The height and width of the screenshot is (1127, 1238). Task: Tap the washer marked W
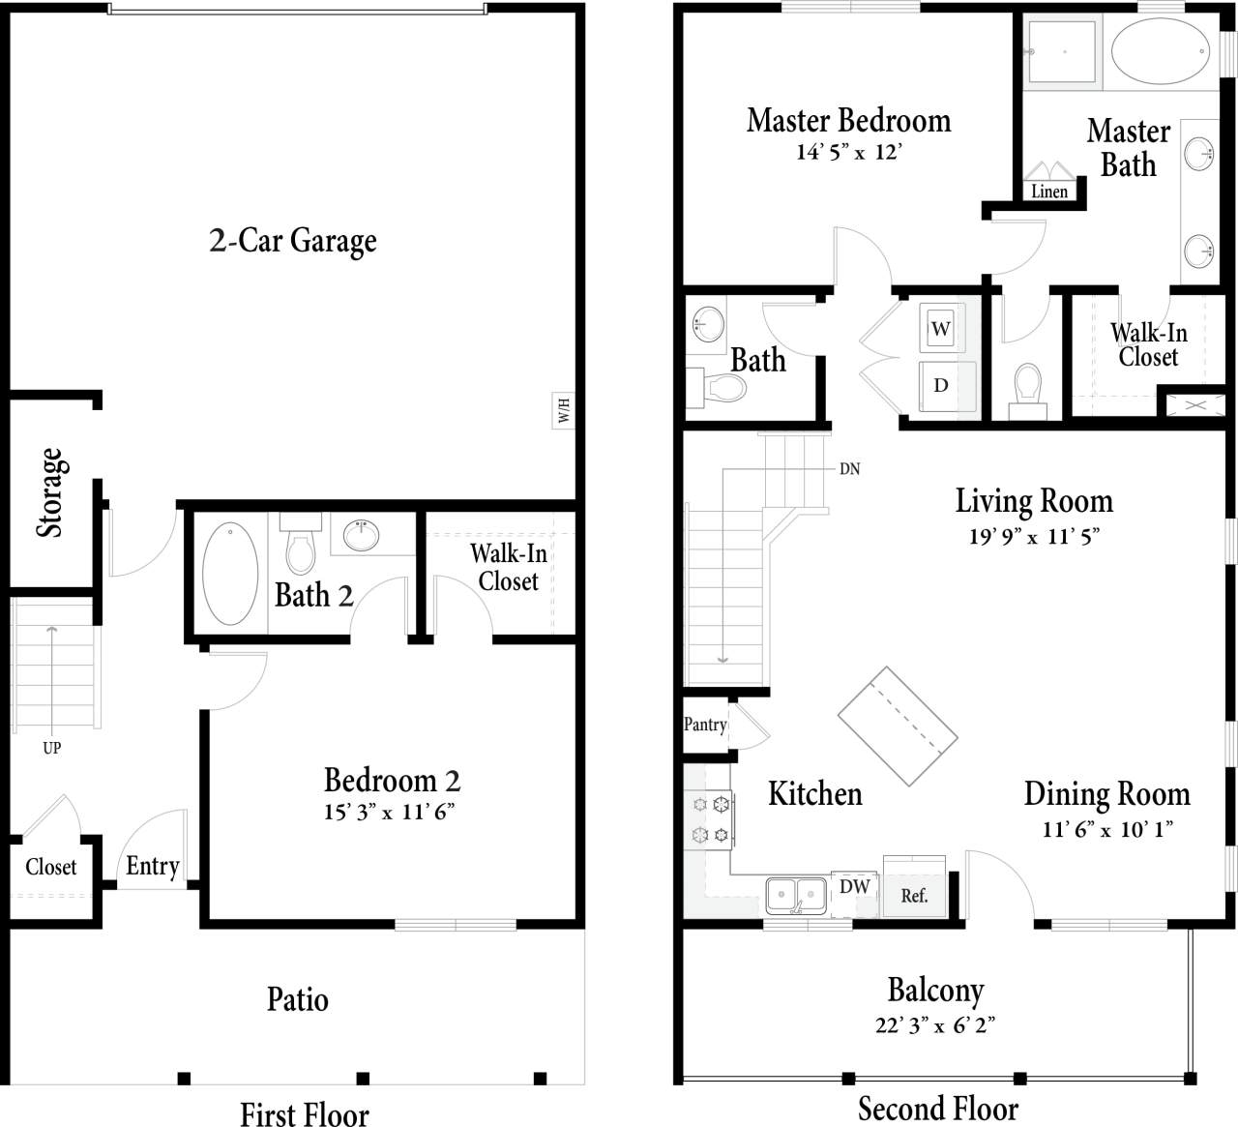click(x=940, y=329)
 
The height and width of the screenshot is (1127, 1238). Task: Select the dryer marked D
click(x=940, y=385)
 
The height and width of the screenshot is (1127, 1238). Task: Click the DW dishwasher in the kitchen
click(x=854, y=887)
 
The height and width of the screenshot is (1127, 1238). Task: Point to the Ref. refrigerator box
click(x=914, y=894)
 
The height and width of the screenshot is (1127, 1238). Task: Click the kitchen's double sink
click(x=796, y=896)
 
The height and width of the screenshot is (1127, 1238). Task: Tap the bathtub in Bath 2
click(x=230, y=574)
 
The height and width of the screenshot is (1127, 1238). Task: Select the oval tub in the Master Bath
click(x=1159, y=51)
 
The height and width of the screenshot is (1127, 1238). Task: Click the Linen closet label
click(x=1048, y=192)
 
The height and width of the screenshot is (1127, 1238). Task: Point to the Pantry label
click(x=705, y=725)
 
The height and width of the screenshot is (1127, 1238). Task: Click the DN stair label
click(x=849, y=469)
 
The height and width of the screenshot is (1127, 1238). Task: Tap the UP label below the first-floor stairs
click(x=52, y=748)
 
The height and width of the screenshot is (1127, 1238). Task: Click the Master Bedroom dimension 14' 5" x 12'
click(x=848, y=153)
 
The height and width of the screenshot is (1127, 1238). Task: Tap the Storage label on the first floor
click(x=49, y=492)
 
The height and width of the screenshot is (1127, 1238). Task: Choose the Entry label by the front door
click(x=153, y=866)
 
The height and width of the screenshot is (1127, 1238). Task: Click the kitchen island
click(x=897, y=727)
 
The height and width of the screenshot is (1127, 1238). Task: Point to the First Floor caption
click(x=304, y=1113)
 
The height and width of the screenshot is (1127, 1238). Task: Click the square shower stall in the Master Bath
click(x=1061, y=51)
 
